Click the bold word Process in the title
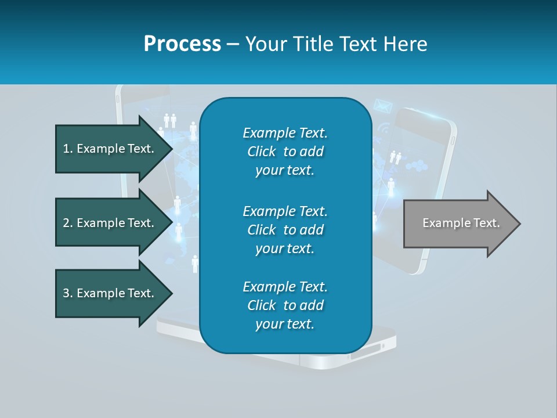pos(182,44)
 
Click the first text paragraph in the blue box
pos(285,152)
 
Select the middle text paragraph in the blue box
pos(285,229)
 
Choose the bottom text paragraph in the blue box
pos(285,305)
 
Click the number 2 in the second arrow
pos(66,223)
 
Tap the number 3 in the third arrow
pos(66,293)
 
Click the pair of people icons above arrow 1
pos(169,121)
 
